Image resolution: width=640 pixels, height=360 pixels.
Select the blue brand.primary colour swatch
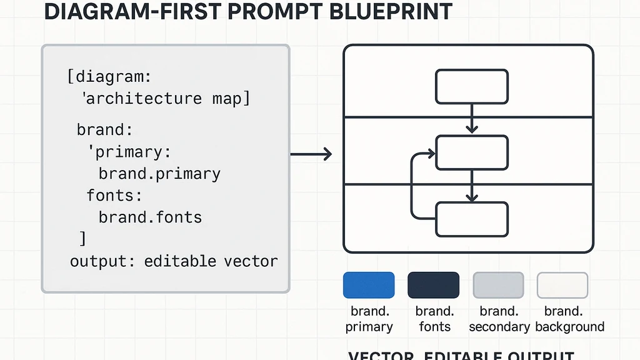pos(369,285)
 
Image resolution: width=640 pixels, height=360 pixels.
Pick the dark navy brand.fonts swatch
pos(433,285)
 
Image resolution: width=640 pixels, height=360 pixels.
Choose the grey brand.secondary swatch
pos(498,285)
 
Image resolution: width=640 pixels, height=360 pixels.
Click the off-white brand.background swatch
pos(562,285)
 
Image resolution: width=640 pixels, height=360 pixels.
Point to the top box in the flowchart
pos(472,86)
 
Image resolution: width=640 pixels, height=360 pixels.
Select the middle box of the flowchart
pos(472,152)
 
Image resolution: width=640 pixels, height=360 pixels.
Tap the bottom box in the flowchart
pos(472,219)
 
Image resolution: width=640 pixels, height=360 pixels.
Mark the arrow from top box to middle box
pos(472,119)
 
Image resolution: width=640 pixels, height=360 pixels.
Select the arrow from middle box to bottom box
pos(472,186)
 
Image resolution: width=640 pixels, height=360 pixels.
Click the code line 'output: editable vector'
pos(174,261)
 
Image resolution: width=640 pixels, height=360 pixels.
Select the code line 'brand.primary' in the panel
pos(159,174)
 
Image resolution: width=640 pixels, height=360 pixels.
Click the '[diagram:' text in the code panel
pos(109,77)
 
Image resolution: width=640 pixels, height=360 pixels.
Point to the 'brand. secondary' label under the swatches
pos(498,319)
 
